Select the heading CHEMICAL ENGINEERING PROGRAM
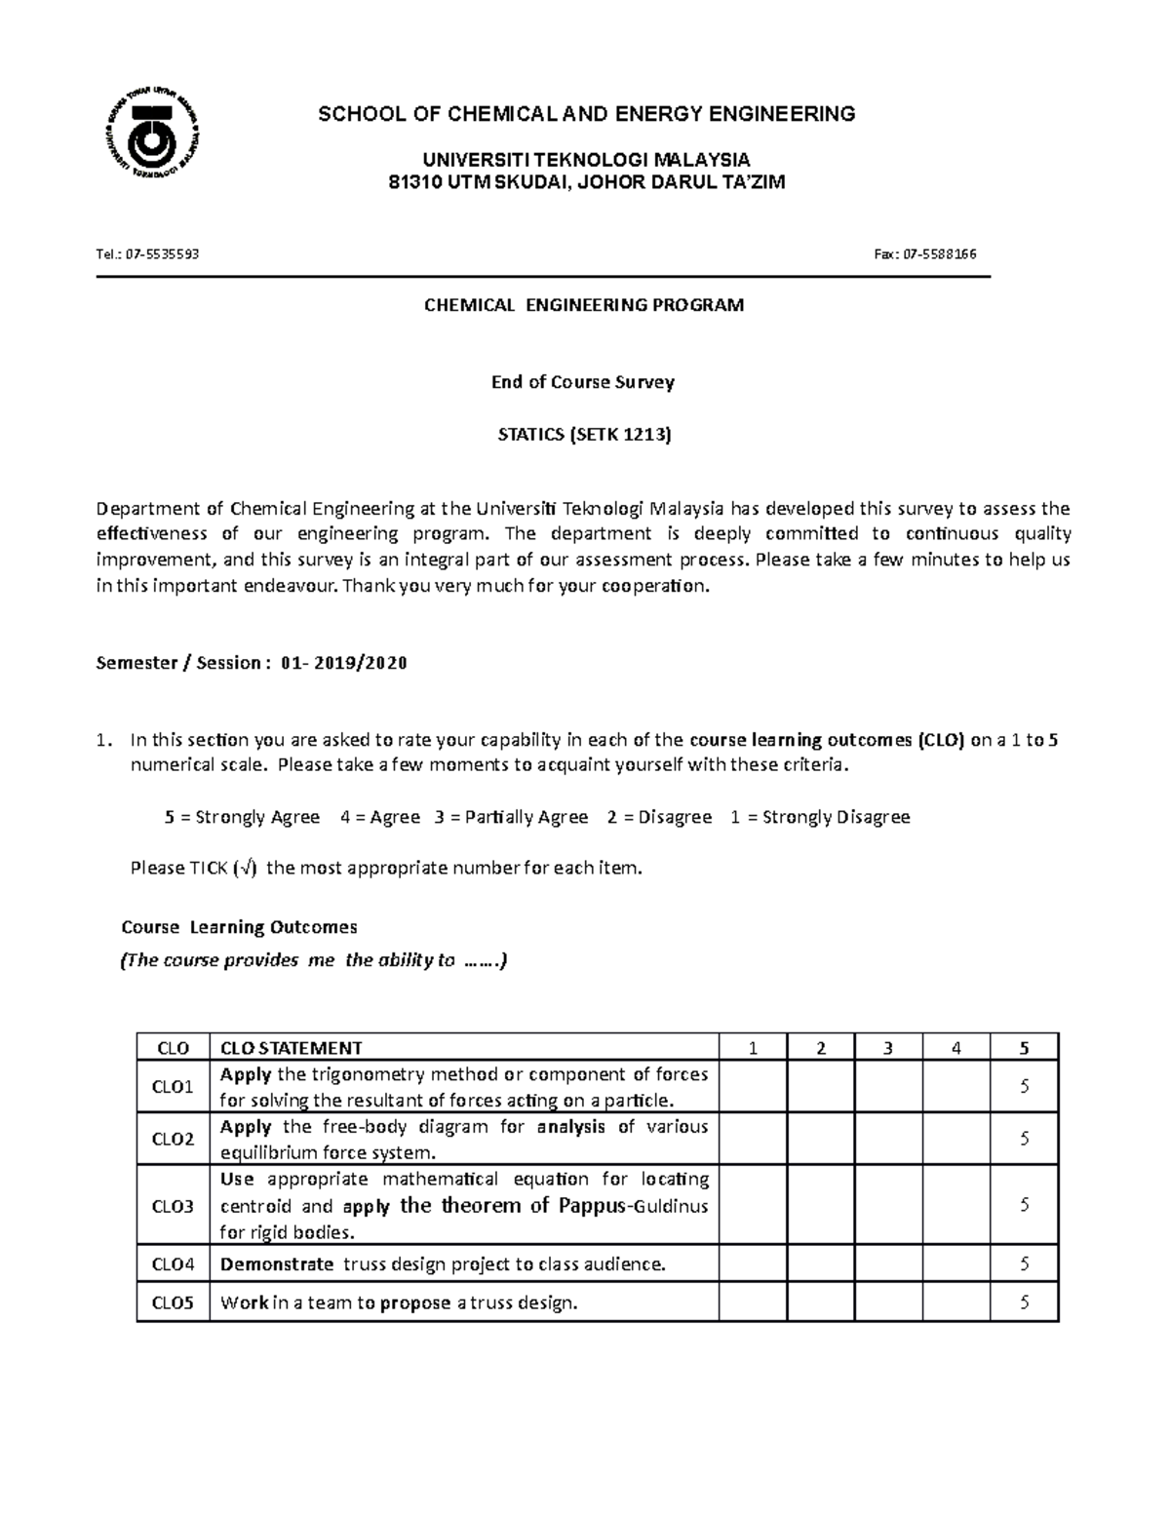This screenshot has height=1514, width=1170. pyautogui.click(x=583, y=305)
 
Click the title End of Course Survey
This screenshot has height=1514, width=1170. pyautogui.click(x=582, y=382)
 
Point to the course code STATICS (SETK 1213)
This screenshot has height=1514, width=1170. pyautogui.click(x=584, y=435)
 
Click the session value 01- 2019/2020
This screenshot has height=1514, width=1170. pyautogui.click(x=343, y=664)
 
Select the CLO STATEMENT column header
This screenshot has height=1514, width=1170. pyautogui.click(x=291, y=1048)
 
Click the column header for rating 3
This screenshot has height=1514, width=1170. pyautogui.click(x=887, y=1048)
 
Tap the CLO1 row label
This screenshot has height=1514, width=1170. pyautogui.click(x=174, y=1086)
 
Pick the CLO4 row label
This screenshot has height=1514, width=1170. pyautogui.click(x=174, y=1264)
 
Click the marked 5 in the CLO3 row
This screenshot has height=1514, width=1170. pyautogui.click(x=1024, y=1205)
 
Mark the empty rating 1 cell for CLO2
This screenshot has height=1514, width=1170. pyautogui.click(x=752, y=1138)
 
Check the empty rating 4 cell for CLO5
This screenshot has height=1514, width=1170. pyautogui.click(x=955, y=1302)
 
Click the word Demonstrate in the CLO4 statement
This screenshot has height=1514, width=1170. pyautogui.click(x=277, y=1264)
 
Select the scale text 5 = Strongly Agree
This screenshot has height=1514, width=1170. pyautogui.click(x=242, y=817)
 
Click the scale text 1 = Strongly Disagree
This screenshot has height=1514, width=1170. pyautogui.click(x=819, y=817)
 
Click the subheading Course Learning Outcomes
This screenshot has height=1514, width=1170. pyautogui.click(x=239, y=927)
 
